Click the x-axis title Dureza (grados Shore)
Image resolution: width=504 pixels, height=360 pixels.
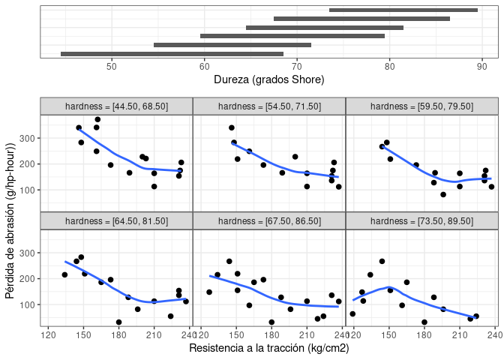pyautogui.click(x=268, y=79)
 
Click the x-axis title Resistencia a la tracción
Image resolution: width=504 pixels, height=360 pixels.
pyautogui.click(x=268, y=348)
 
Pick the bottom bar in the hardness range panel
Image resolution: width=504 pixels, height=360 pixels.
pyautogui.click(x=172, y=53)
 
